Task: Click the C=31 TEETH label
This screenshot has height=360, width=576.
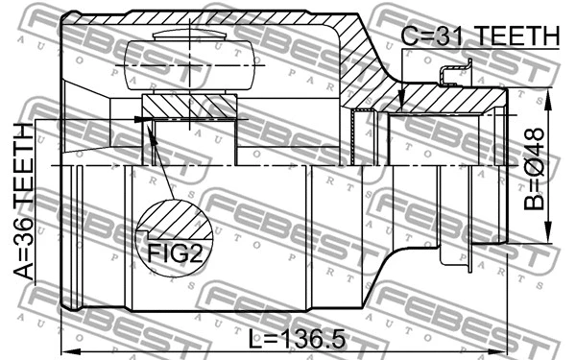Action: click(479, 36)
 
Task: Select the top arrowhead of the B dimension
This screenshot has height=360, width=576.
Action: click(550, 100)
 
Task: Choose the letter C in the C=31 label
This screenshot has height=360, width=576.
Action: click(408, 36)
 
